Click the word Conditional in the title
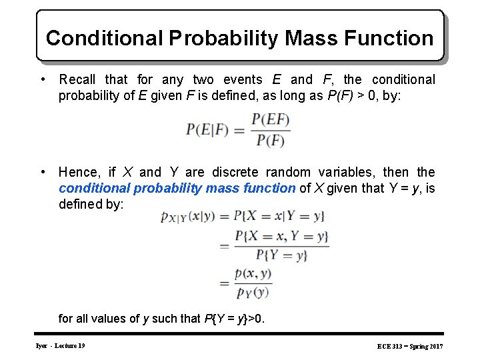point(105,38)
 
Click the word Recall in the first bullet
point(79,80)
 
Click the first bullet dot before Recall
point(43,80)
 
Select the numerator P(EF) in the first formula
point(271,120)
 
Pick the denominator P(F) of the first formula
point(271,141)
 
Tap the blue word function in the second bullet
point(270,189)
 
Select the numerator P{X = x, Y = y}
point(281,236)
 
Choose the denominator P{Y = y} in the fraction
point(281,255)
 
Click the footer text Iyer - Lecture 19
point(60,345)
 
